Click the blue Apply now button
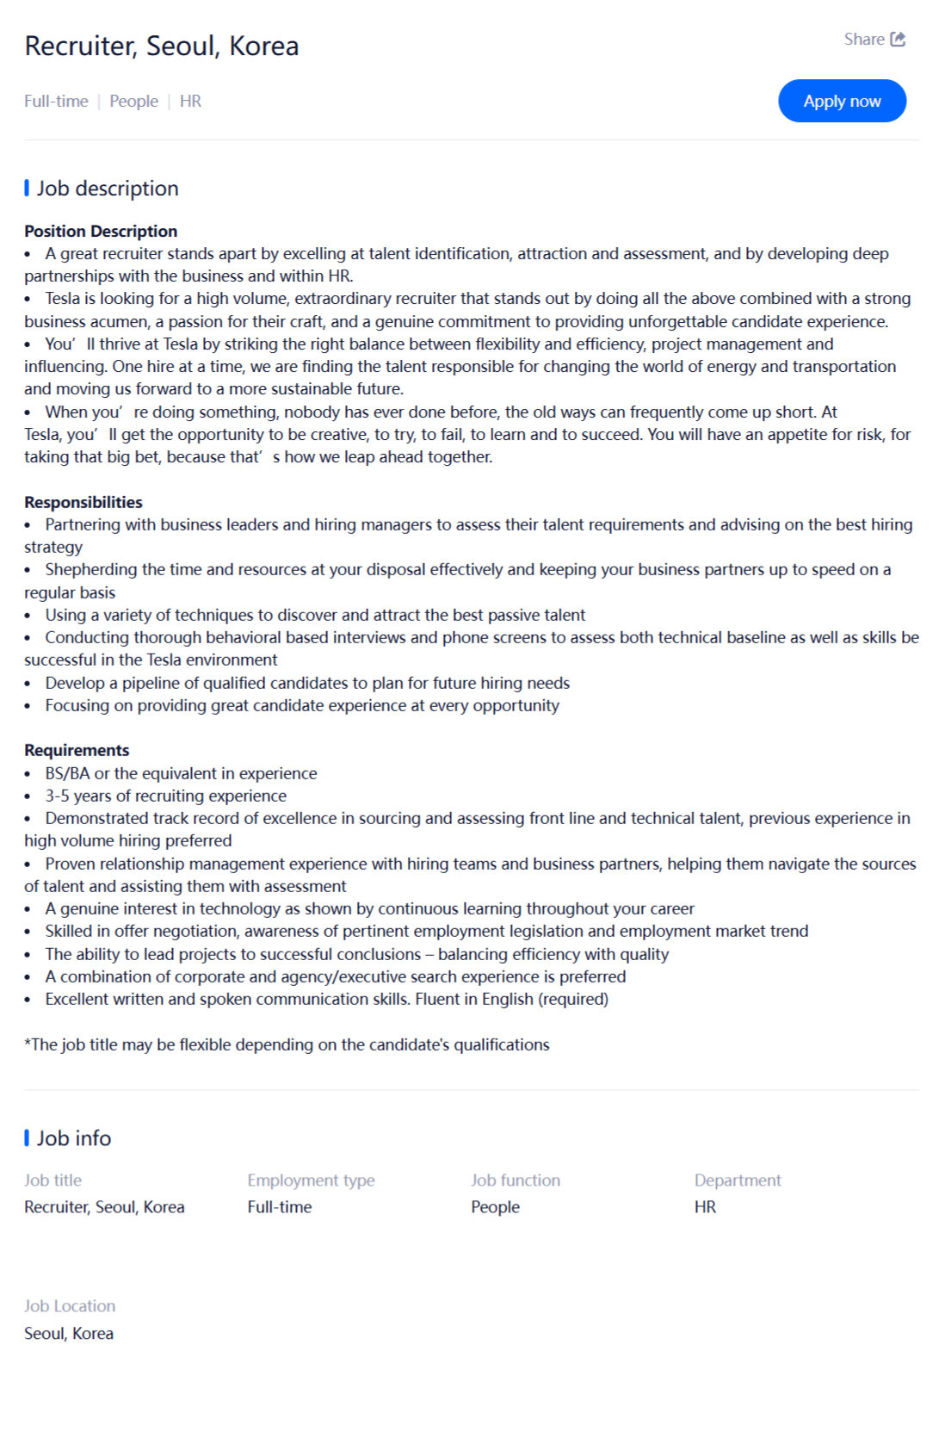pos(841,101)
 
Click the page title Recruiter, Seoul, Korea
pos(162,46)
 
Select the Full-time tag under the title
pos(56,101)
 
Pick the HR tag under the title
pos(190,101)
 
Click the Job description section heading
pos(107,189)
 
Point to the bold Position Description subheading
pos(101,231)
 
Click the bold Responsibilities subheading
pos(83,502)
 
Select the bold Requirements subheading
pos(77,750)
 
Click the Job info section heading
pos(73,1138)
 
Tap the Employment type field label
pos(311,1180)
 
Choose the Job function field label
pos(515,1180)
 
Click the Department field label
pos(738,1180)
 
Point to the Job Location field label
pos(70,1305)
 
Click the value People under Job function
pos(495,1206)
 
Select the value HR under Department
pos(705,1206)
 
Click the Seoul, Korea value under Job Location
pos(69,1333)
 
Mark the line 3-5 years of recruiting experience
pos(165,796)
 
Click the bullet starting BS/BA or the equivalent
pos(181,773)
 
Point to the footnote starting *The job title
pos(287,1044)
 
